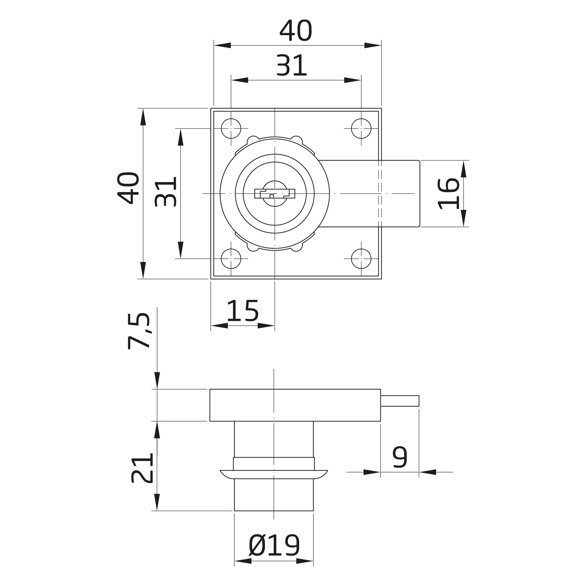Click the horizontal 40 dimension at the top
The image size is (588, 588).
pos(296,30)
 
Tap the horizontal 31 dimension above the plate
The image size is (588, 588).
pos(291,65)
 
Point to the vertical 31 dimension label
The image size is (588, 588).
pos(165,192)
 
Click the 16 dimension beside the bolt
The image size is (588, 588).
pos(448,194)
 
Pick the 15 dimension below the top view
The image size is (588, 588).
pos(242,311)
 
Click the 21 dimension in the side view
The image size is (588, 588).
pos(142,468)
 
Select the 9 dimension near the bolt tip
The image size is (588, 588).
pos(400,457)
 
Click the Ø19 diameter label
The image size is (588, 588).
pos(274,545)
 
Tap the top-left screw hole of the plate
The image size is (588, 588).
pos(231,128)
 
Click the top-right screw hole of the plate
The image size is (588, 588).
pos(361,128)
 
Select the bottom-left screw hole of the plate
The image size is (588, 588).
pos(231,259)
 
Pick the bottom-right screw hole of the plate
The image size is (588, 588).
pos(361,259)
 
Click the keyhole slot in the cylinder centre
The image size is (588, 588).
pos(275,194)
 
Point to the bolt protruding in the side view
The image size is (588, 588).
pos(400,401)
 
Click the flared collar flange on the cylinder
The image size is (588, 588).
pos(274,475)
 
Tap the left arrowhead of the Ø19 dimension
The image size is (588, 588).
pos(243,569)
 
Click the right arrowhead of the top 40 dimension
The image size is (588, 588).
pos(373,45)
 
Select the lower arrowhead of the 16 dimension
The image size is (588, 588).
pos(464,218)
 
